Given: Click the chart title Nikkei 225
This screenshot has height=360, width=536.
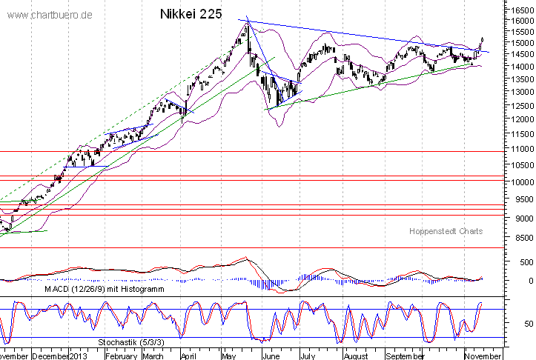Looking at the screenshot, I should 191,14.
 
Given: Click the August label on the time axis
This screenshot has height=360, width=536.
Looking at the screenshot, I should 357,355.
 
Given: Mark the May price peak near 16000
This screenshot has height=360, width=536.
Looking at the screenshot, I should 248,22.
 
